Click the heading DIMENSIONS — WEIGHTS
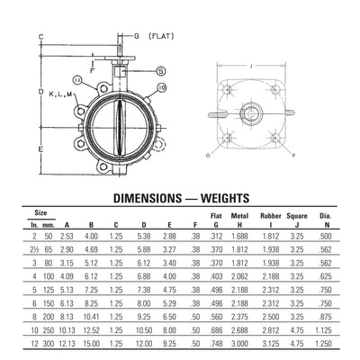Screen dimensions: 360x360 (180, 197)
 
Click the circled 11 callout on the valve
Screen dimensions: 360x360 (78, 80)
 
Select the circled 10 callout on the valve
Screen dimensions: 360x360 (161, 86)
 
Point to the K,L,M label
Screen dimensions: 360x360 (60, 92)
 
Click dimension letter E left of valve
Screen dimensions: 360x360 (41, 147)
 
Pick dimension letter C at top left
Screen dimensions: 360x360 (41, 36)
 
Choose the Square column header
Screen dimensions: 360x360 (298, 216)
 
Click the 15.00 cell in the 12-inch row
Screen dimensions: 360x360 (92, 343)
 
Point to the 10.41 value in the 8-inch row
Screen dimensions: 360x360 (92, 317)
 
